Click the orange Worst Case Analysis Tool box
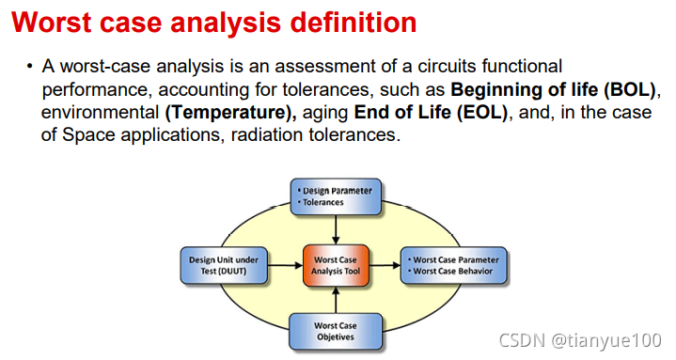point(336,266)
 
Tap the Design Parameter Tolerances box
point(336,196)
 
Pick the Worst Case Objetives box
point(336,332)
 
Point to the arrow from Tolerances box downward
point(336,229)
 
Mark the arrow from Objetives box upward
point(336,300)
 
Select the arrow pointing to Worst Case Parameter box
point(385,266)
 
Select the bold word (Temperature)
point(230,114)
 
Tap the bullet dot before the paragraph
point(29,68)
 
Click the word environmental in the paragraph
point(100,114)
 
